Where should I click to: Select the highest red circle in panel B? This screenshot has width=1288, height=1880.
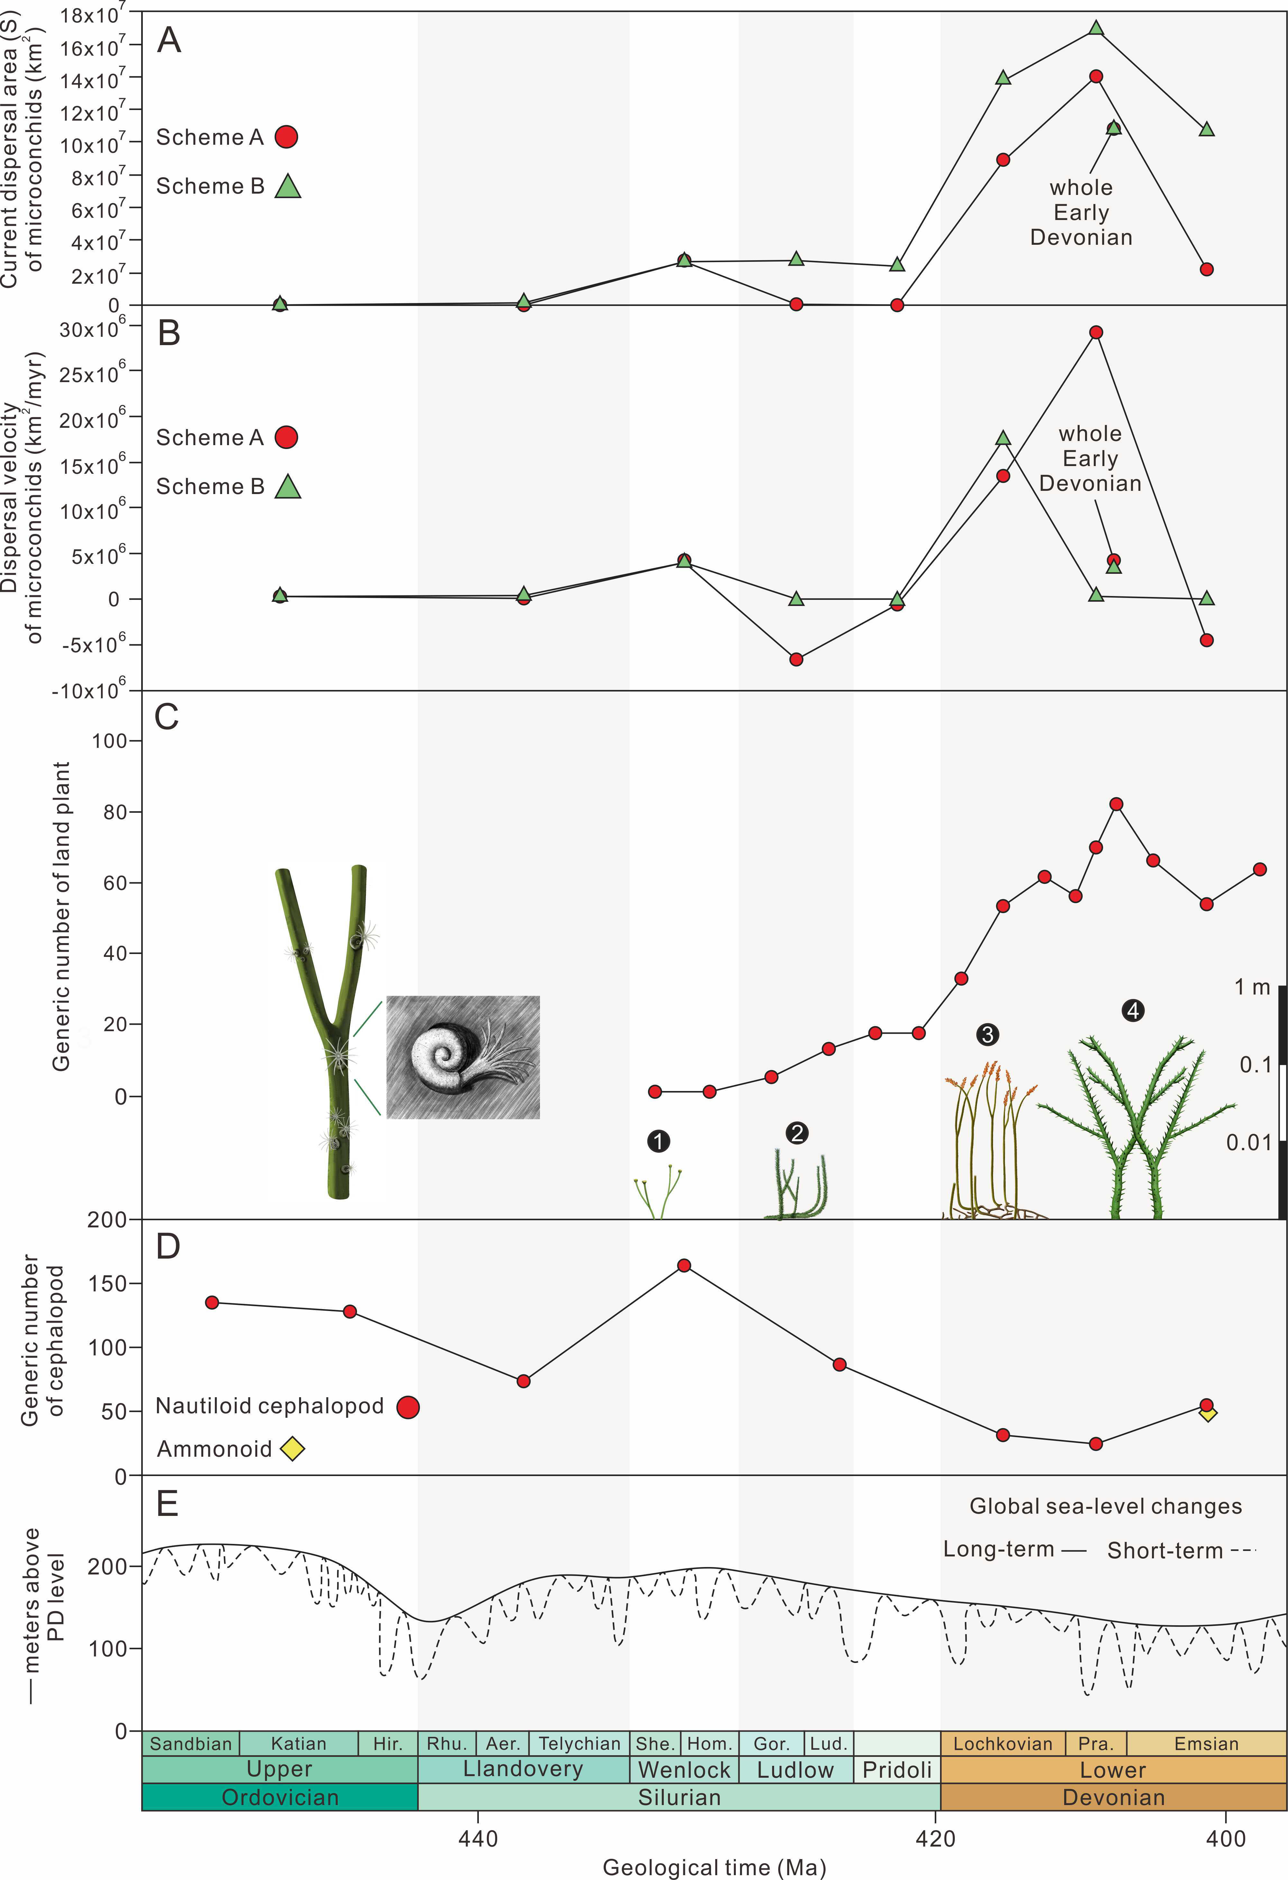(x=1096, y=333)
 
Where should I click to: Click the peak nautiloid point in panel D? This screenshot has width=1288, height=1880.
(x=684, y=1265)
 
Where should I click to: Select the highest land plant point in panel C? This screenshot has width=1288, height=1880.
(x=1117, y=804)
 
